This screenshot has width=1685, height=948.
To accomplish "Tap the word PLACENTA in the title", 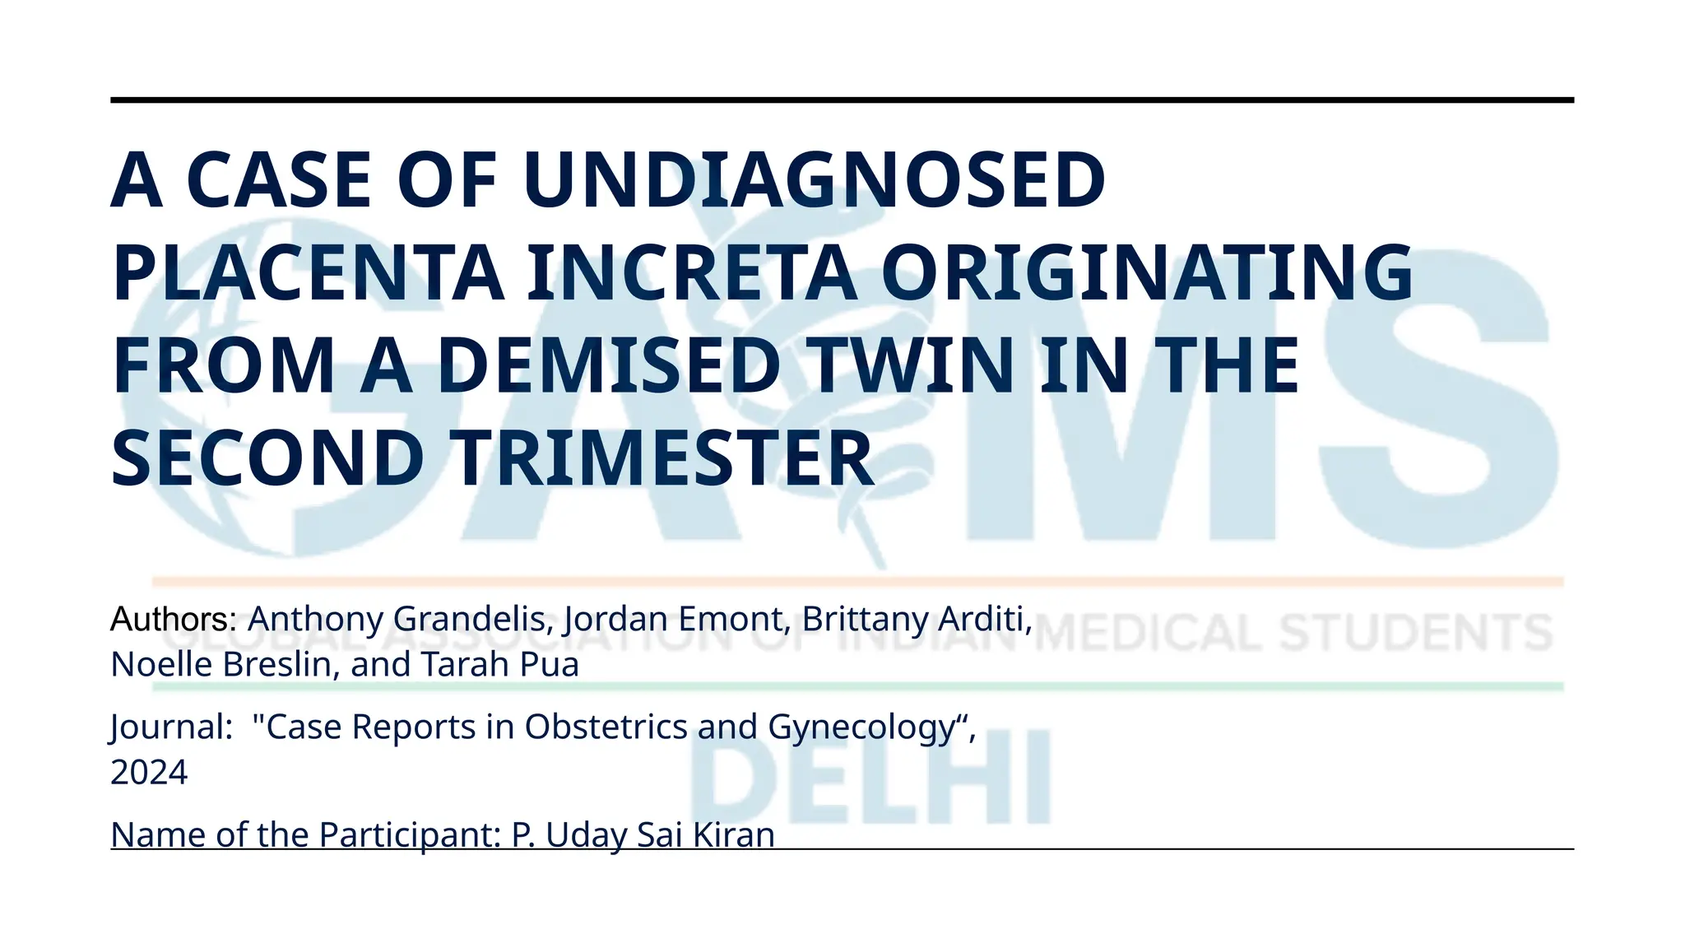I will [x=308, y=272].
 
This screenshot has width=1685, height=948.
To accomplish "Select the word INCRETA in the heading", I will [x=691, y=272].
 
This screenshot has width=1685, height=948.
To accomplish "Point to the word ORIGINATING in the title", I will [x=1147, y=272].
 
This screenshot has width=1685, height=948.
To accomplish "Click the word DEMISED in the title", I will [x=609, y=365].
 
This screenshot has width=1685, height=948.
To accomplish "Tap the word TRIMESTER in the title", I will [x=663, y=458].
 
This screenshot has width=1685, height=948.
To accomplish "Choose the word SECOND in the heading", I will [x=267, y=458].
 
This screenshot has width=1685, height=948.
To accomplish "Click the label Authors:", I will [x=174, y=619].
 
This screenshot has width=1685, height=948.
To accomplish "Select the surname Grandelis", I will [x=474, y=619].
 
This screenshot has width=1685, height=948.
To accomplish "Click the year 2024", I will [x=149, y=773].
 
